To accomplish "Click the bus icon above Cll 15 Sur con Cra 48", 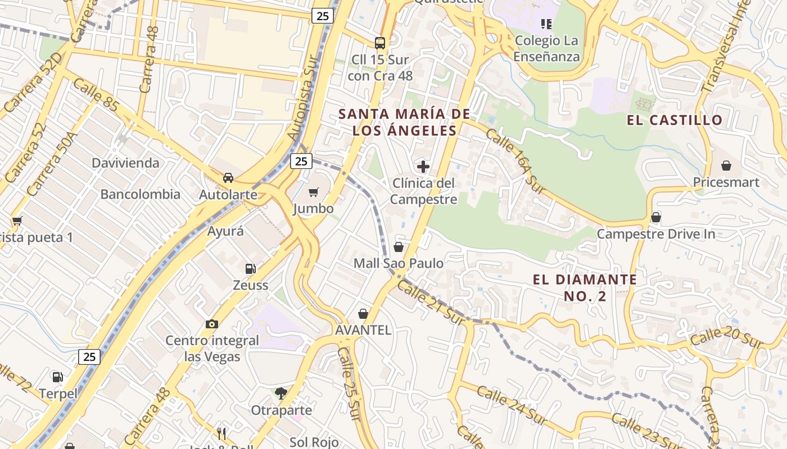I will pyautogui.click(x=380, y=43).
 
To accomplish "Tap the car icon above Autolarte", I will pyautogui.click(x=228, y=178).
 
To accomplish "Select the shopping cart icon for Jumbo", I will pyautogui.click(x=314, y=192).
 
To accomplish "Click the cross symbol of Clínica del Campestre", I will pyautogui.click(x=423, y=167).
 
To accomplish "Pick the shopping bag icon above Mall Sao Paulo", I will pyautogui.click(x=399, y=247).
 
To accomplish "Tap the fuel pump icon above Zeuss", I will pyautogui.click(x=250, y=269).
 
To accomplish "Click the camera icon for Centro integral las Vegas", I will pyautogui.click(x=212, y=324).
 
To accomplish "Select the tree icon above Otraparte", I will pyautogui.click(x=281, y=393).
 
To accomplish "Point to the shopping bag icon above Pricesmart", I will pyautogui.click(x=726, y=166).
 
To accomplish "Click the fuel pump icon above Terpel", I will pyautogui.click(x=58, y=377).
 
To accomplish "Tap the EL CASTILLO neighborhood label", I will pyautogui.click(x=675, y=120).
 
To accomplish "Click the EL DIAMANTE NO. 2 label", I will pyautogui.click(x=585, y=287).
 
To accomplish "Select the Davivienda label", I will pyautogui.click(x=125, y=163).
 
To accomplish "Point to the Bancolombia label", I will pyautogui.click(x=140, y=195).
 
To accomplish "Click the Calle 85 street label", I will pyautogui.click(x=96, y=94).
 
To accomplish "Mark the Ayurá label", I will pyautogui.click(x=225, y=231).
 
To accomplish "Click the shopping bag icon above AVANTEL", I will pyautogui.click(x=363, y=314).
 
